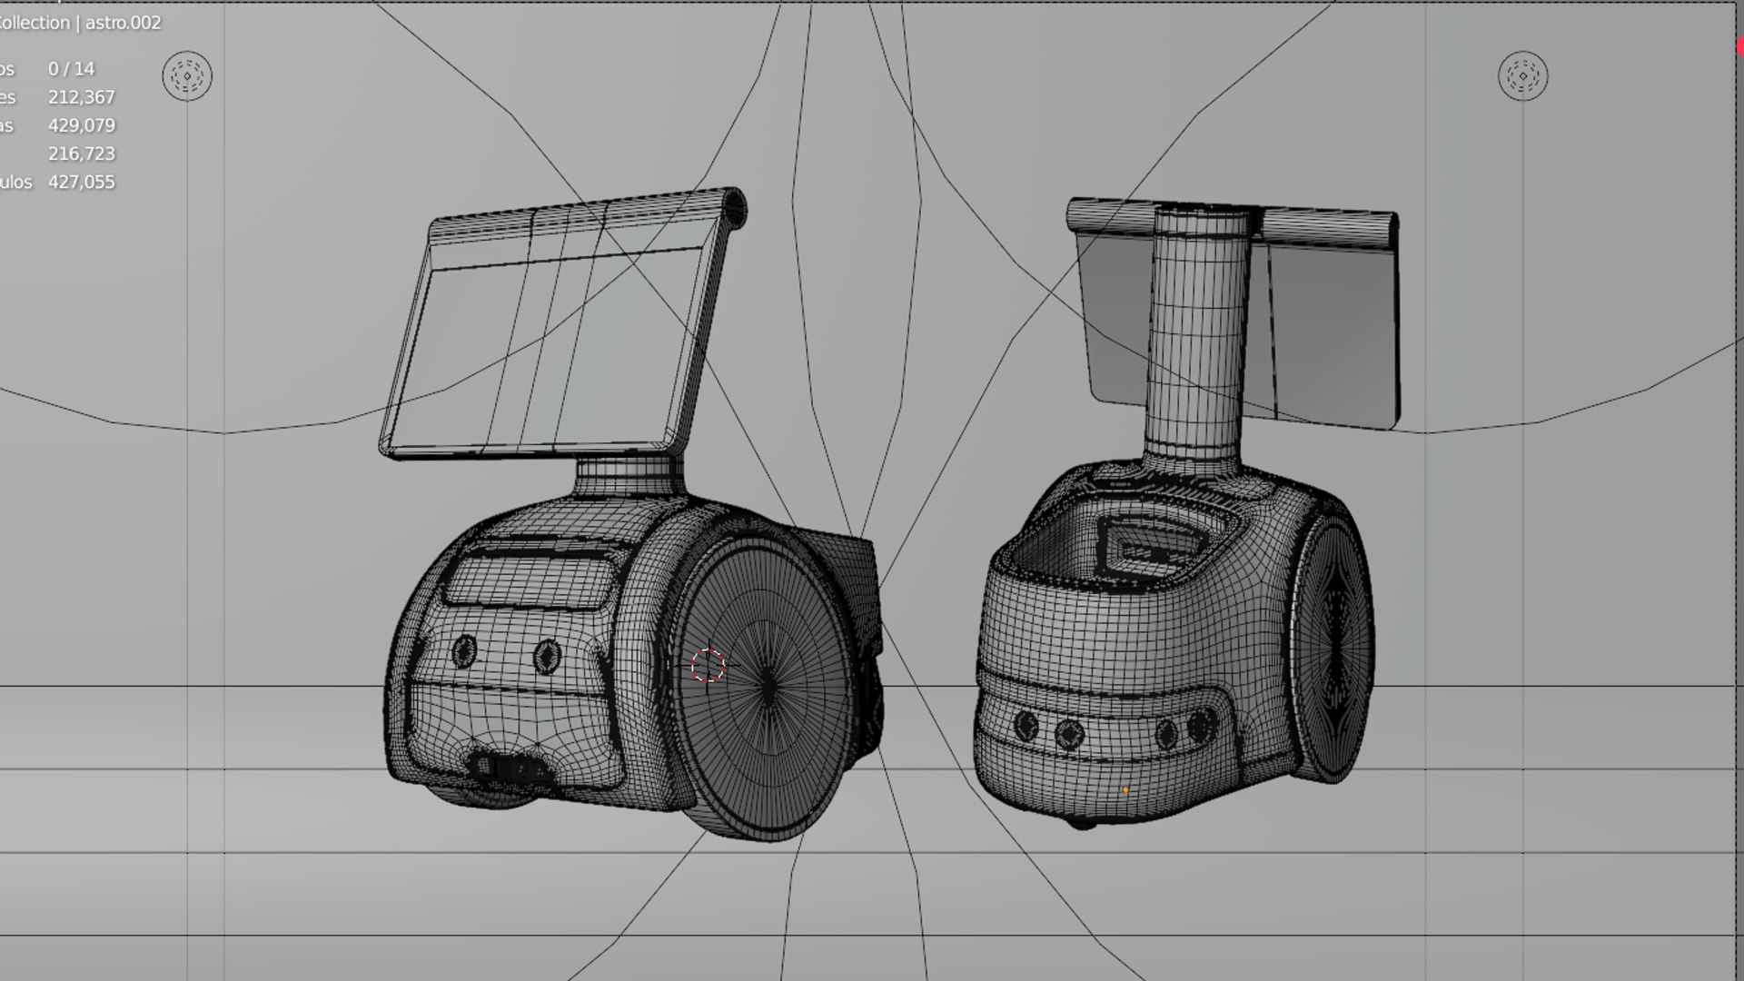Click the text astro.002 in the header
pos(123,24)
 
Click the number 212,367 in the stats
pos(82,97)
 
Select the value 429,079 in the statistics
pos(82,125)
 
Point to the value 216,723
pos(82,154)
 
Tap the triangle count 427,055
pos(82,182)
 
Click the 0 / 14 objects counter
pos(71,69)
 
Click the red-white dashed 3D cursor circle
pos(708,666)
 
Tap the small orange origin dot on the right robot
pos(1125,790)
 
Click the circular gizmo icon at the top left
pos(187,76)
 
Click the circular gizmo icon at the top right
pos(1522,76)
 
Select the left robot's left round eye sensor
pos(464,650)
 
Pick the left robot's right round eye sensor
pos(547,655)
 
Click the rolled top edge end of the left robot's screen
pos(734,207)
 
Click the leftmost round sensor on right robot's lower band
pos(1026,725)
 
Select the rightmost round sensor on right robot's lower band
pos(1202,724)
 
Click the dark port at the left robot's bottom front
pos(509,768)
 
